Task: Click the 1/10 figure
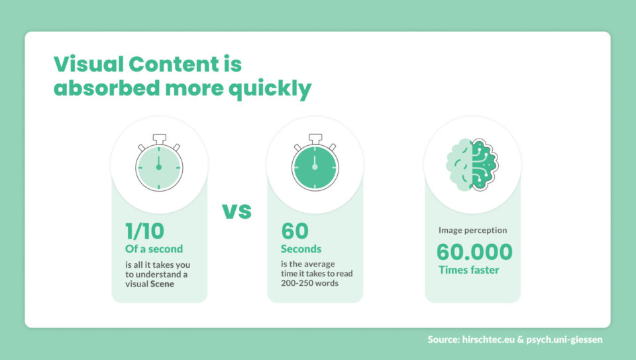[x=144, y=231]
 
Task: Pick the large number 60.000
[x=474, y=252]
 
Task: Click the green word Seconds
[x=301, y=249]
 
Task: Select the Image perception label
[x=472, y=231]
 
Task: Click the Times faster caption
[x=468, y=270]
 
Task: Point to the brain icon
[x=472, y=165]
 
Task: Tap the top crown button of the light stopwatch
[x=159, y=138]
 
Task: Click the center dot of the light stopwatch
[x=159, y=167]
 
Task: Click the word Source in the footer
[x=445, y=340]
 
